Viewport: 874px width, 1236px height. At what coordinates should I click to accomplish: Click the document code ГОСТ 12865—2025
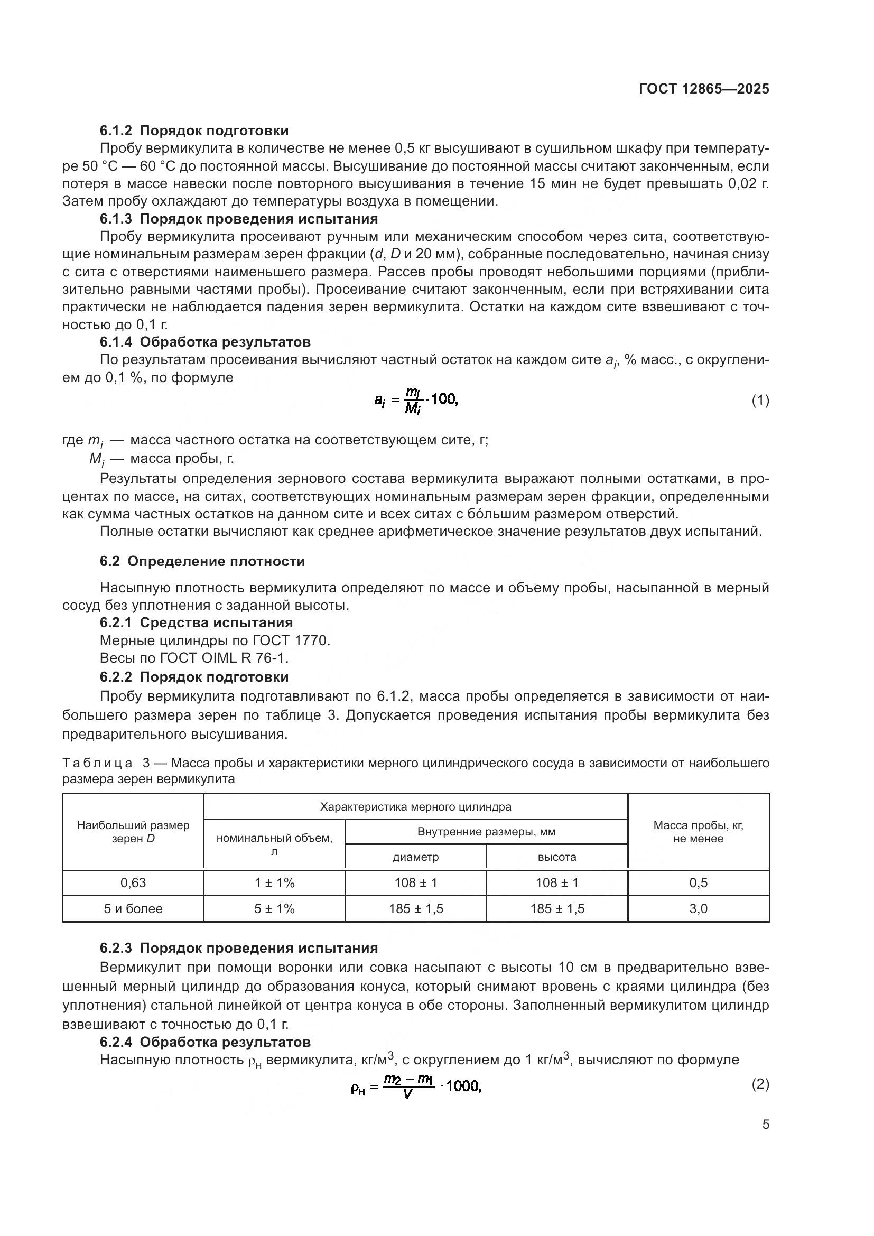pos(704,89)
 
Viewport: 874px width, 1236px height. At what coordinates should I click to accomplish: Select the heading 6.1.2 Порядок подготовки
pos(194,131)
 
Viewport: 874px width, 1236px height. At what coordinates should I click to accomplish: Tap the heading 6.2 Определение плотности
pos(202,561)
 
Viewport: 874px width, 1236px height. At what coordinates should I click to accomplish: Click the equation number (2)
pos(760,1084)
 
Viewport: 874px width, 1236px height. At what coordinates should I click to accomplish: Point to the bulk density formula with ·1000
pos(415,1087)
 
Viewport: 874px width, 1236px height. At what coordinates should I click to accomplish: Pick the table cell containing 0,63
pos(133,882)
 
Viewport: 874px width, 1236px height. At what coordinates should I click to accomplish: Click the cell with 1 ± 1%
pos(274,882)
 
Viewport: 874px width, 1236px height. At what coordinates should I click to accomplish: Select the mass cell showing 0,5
pos(698,882)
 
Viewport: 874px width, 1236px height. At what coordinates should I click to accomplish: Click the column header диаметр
pos(415,857)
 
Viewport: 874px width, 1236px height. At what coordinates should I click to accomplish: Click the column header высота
pos(557,857)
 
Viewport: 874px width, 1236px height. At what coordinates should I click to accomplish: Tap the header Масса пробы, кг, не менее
pos(698,832)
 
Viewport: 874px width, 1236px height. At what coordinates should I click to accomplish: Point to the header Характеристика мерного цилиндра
pos(415,806)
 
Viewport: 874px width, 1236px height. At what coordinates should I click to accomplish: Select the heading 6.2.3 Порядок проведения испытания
pos(239,947)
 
